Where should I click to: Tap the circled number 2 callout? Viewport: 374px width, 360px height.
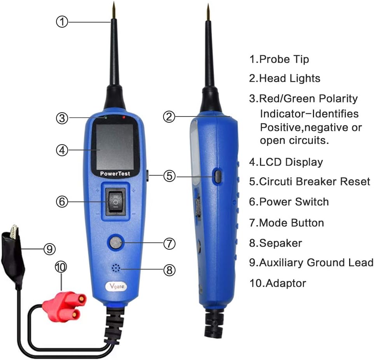(x=168, y=116)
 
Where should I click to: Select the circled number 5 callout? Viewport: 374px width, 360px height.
(x=169, y=176)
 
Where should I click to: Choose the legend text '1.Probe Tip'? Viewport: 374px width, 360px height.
(x=279, y=59)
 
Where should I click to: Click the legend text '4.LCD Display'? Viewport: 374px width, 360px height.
(x=286, y=162)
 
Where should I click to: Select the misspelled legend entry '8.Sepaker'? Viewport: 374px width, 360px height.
(x=276, y=244)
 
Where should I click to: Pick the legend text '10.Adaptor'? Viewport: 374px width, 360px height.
(x=277, y=283)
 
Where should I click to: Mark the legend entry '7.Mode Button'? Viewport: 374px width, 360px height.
(x=286, y=223)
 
